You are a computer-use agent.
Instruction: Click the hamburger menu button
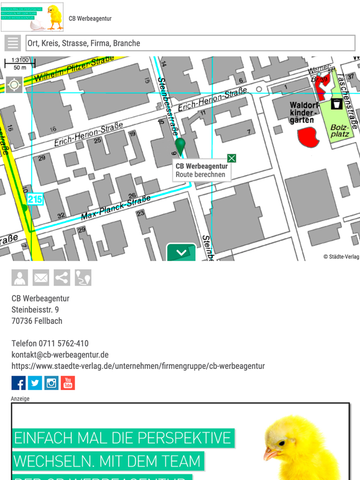click(x=13, y=43)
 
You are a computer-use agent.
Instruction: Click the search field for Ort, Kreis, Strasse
click(x=190, y=43)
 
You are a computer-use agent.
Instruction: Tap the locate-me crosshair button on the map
click(x=14, y=85)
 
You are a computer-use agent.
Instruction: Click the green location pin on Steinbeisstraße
click(x=180, y=145)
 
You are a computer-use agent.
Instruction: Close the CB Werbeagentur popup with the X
click(x=231, y=158)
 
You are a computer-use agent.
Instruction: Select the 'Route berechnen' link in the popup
click(x=200, y=175)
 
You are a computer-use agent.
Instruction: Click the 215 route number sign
click(x=35, y=199)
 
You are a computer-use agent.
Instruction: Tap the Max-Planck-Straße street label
click(x=116, y=208)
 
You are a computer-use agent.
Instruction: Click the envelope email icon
click(x=41, y=278)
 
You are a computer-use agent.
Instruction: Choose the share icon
click(x=62, y=278)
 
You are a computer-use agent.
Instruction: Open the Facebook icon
click(x=19, y=383)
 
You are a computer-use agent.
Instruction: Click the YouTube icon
click(x=68, y=383)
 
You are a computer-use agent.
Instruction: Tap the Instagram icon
click(x=51, y=383)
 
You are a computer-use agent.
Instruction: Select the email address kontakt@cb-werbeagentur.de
click(x=60, y=355)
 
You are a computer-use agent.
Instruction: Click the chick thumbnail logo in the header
click(x=32, y=17)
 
